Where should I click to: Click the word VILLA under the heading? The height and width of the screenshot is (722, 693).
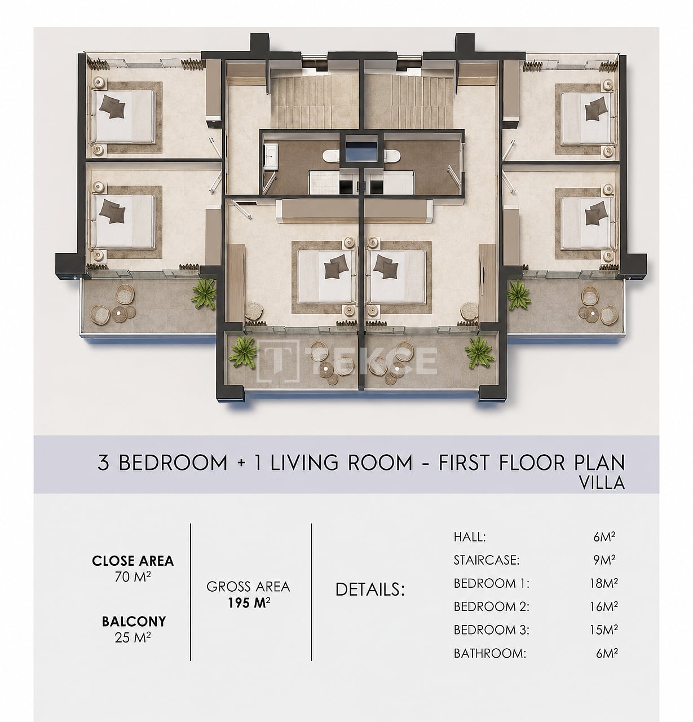[602, 483]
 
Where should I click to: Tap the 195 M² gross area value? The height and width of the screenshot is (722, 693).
[249, 603]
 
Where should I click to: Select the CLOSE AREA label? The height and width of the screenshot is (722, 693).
[133, 561]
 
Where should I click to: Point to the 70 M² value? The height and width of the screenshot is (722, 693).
[133, 577]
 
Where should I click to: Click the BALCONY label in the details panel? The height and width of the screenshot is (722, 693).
[134, 622]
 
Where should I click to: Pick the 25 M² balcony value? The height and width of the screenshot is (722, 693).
[133, 637]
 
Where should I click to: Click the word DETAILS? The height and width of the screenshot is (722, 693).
[370, 589]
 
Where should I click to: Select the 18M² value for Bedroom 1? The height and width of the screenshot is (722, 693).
[603, 583]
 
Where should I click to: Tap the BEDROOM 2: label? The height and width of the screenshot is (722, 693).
[491, 606]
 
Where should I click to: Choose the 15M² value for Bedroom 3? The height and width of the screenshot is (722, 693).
[603, 629]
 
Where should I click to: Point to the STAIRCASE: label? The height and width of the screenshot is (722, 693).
[487, 560]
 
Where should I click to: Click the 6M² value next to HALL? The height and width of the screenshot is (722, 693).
[604, 536]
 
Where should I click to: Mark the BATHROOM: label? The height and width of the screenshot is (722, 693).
[489, 653]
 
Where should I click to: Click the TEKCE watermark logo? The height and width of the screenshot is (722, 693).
[346, 360]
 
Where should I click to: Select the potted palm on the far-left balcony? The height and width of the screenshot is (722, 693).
[204, 293]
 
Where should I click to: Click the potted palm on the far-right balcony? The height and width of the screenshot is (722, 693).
[519, 295]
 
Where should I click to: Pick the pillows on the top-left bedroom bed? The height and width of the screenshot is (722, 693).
[113, 107]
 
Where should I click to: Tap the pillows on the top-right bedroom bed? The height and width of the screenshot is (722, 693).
[596, 109]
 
